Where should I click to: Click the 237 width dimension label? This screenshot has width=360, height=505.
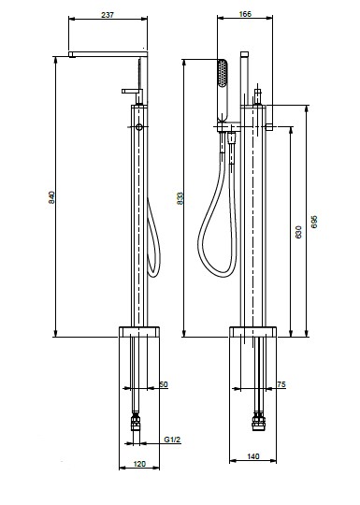(x=108, y=15)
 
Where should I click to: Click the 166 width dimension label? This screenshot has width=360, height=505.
(x=245, y=14)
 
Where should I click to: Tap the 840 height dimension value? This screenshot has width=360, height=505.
(x=51, y=197)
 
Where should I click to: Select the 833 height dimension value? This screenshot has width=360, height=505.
(x=180, y=198)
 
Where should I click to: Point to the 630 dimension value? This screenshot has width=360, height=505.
(x=298, y=232)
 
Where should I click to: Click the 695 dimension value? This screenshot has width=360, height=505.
(x=314, y=222)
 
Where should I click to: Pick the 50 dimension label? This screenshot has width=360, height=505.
(x=164, y=384)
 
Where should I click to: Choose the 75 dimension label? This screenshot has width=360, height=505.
(x=281, y=384)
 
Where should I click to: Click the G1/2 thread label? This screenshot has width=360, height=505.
(x=172, y=440)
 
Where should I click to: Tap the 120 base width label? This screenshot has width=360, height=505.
(x=139, y=464)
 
